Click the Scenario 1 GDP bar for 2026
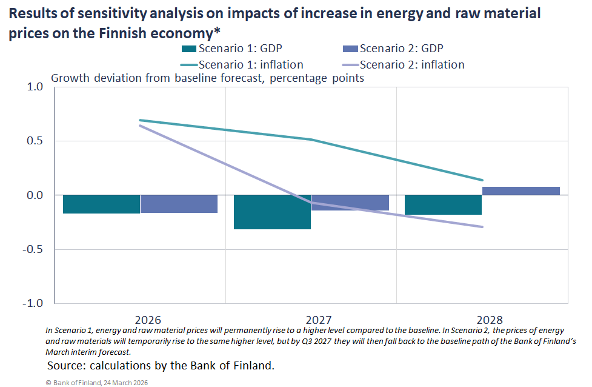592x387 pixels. tap(101, 204)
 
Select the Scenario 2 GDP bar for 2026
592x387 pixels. tap(179, 204)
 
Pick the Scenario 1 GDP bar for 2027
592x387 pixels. tap(272, 212)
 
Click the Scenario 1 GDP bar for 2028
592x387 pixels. tap(443, 205)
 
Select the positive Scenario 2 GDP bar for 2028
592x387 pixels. tap(520, 191)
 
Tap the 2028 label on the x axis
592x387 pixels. tap(490, 320)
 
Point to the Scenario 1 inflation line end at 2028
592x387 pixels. tap(482, 180)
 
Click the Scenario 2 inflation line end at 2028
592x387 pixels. tap(482, 227)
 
